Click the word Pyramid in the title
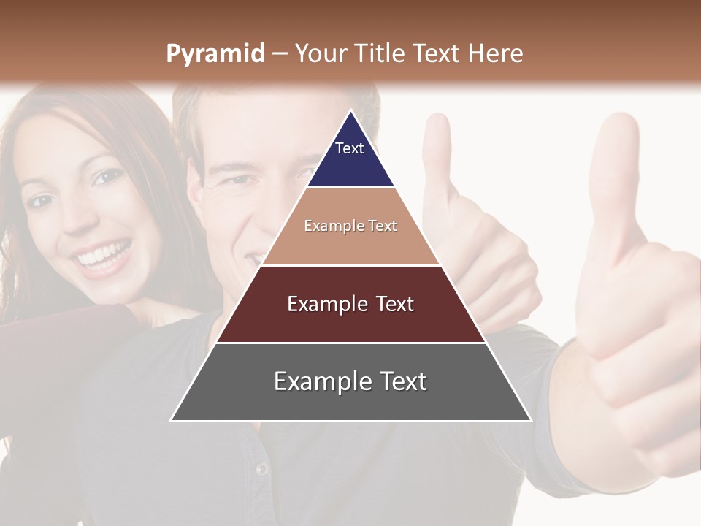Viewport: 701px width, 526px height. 215,54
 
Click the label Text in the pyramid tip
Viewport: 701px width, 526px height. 349,148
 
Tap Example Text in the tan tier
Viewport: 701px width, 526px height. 350,226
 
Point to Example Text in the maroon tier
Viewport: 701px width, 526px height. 350,304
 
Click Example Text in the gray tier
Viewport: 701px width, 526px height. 350,381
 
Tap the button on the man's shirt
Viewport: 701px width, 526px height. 261,468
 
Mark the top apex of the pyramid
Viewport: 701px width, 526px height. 350,111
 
